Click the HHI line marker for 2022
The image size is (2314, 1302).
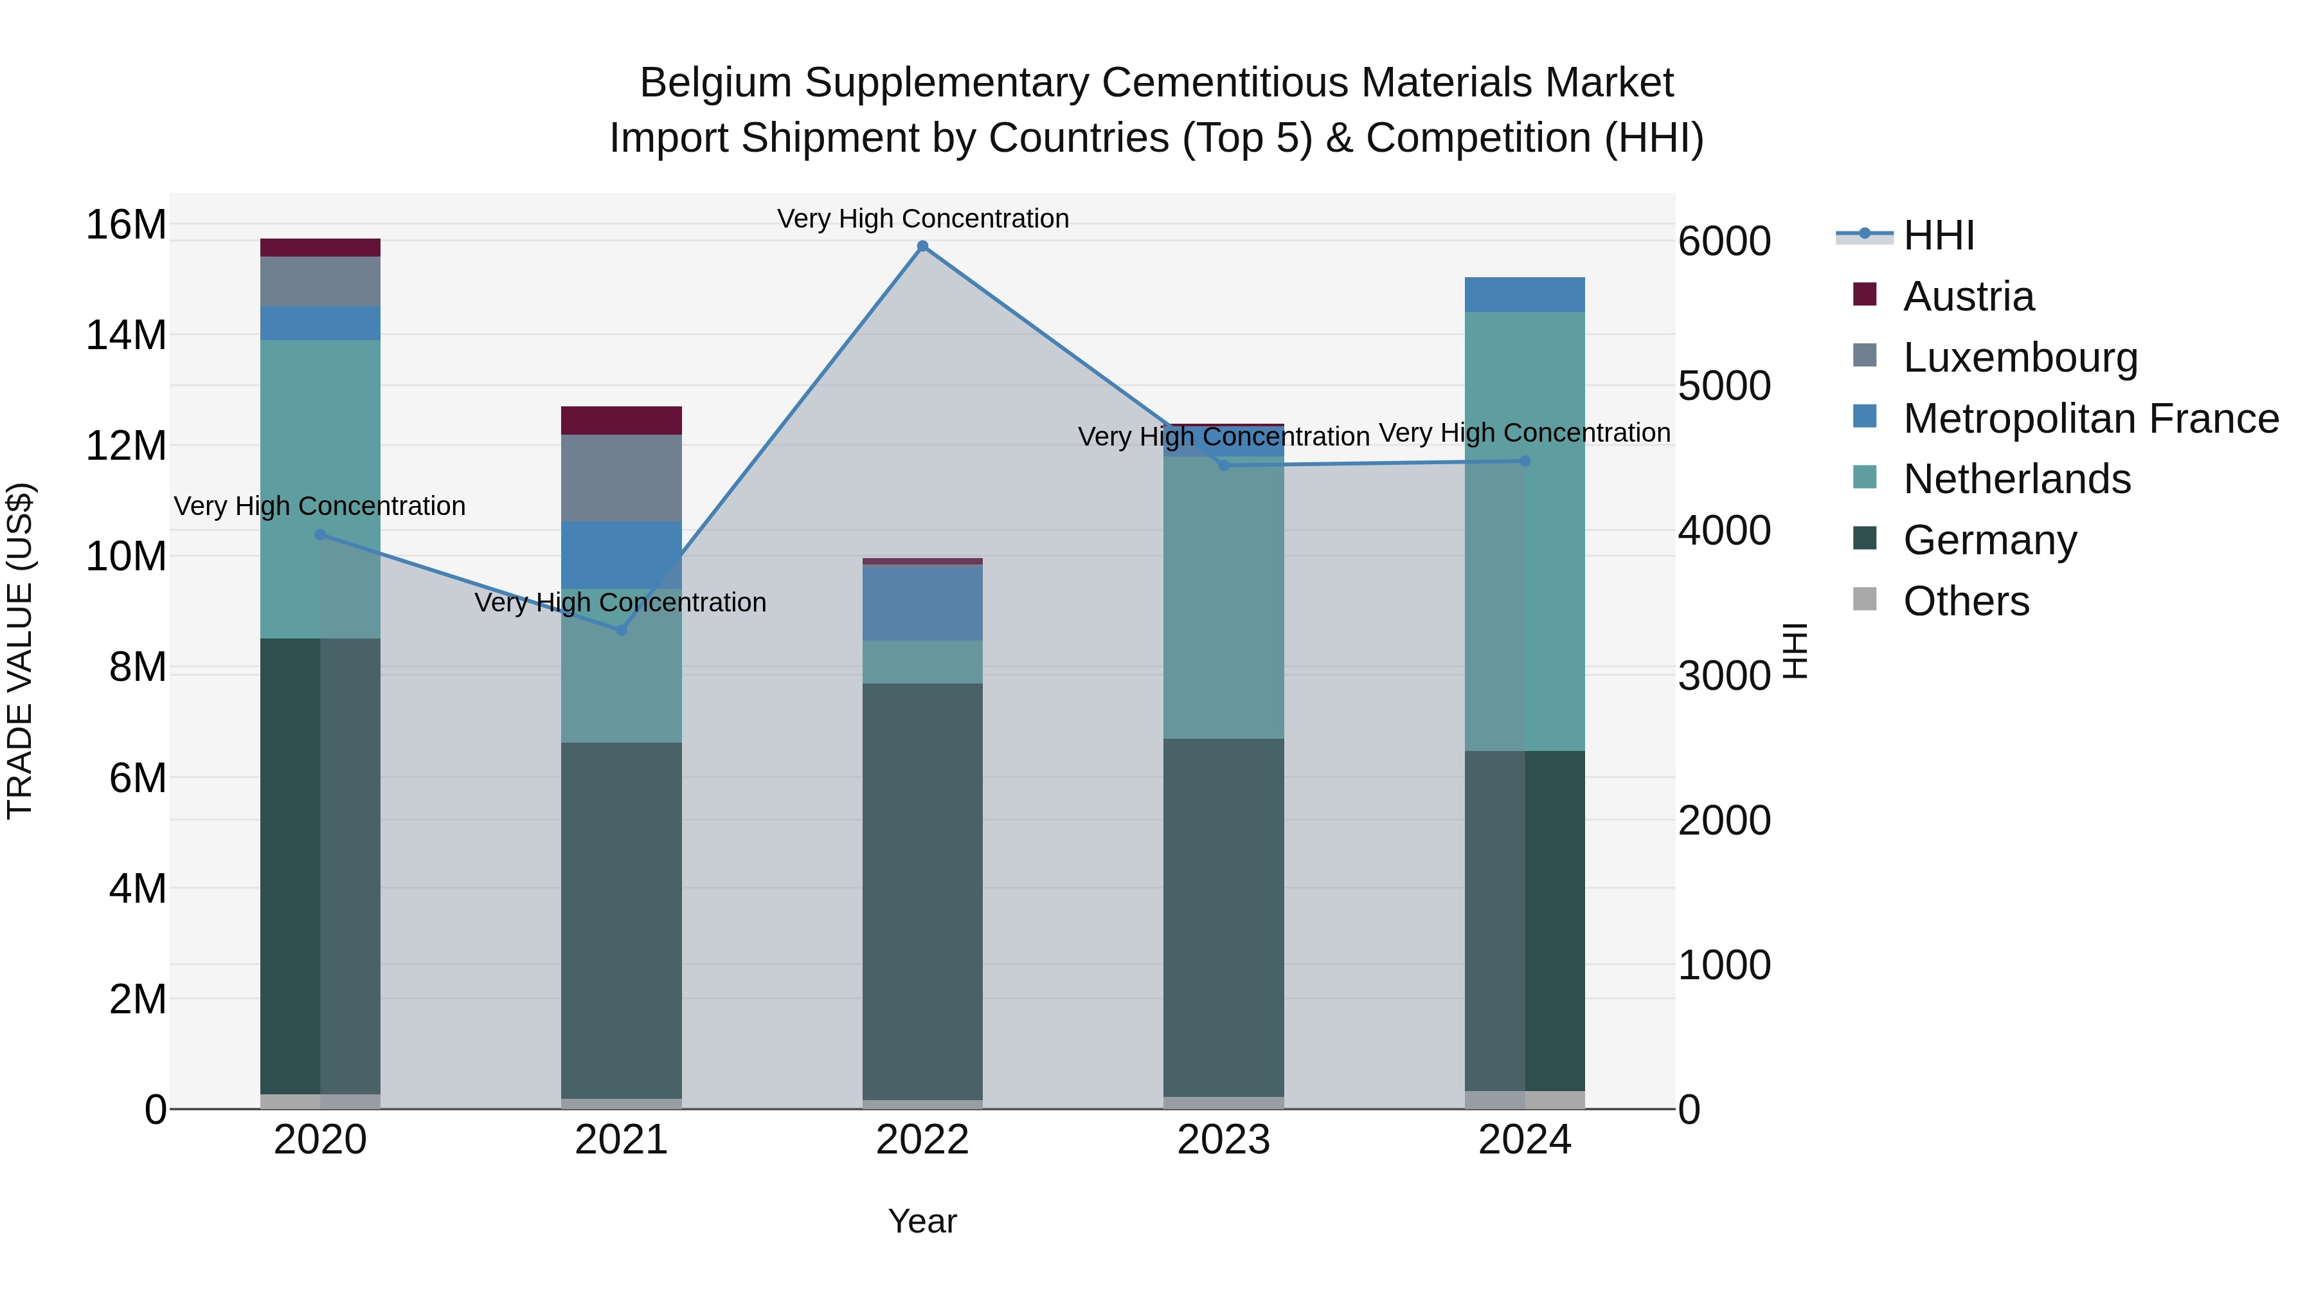click(x=922, y=246)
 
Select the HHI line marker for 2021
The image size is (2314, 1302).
click(x=622, y=630)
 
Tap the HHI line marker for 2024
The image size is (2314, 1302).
click(x=1525, y=461)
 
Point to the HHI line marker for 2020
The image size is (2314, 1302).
click(x=321, y=535)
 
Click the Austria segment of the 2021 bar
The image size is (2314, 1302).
click(x=622, y=420)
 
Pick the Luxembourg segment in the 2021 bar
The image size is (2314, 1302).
click(x=622, y=478)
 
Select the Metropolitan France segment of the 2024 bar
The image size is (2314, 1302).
click(x=1525, y=294)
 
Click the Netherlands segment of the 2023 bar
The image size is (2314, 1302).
click(x=1223, y=597)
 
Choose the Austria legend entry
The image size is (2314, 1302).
click(x=1968, y=296)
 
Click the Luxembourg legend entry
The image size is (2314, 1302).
click(x=2020, y=357)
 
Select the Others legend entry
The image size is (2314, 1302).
click(x=1966, y=601)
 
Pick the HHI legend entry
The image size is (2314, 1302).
click(x=1939, y=235)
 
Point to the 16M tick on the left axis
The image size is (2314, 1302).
click(x=126, y=224)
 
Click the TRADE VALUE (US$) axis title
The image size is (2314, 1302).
click(x=20, y=651)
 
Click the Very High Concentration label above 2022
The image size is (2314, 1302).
click(x=922, y=219)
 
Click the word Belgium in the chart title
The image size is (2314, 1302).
click(x=715, y=83)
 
